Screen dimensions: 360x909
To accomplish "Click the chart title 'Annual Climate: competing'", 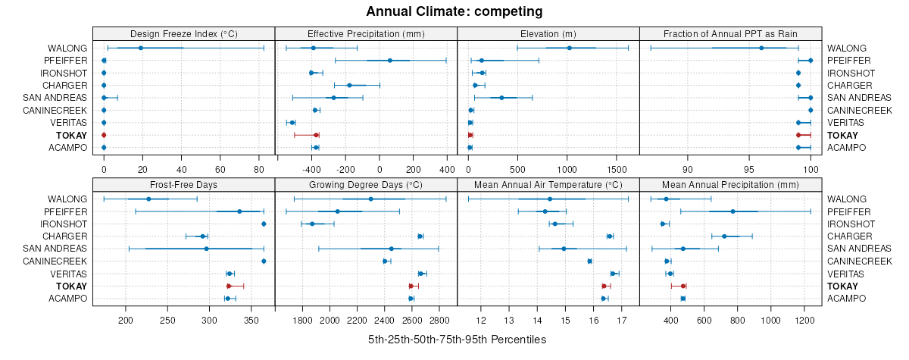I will click(x=454, y=11).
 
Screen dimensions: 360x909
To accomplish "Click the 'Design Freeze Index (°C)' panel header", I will click(x=184, y=33).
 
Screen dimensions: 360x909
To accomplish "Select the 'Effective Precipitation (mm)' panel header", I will click(x=366, y=33).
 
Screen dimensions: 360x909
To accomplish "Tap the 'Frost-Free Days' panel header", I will click(x=184, y=184).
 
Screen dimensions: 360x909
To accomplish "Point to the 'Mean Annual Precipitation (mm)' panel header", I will click(x=730, y=184).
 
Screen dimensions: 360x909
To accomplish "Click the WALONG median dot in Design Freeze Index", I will click(x=141, y=48).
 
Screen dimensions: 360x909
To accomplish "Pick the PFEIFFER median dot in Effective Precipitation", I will click(x=390, y=61).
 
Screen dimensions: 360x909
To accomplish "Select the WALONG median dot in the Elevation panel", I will click(x=570, y=48).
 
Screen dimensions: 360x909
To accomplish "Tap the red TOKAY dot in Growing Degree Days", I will click(x=411, y=286).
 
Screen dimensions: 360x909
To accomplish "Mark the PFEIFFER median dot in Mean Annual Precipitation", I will click(x=733, y=211).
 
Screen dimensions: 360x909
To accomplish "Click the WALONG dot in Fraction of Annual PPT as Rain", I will click(x=761, y=48).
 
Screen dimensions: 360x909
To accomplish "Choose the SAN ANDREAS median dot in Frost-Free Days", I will click(x=206, y=249).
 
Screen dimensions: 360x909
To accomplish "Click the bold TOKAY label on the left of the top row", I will click(x=72, y=135).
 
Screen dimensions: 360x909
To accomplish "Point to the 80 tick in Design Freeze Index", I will click(x=259, y=159).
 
